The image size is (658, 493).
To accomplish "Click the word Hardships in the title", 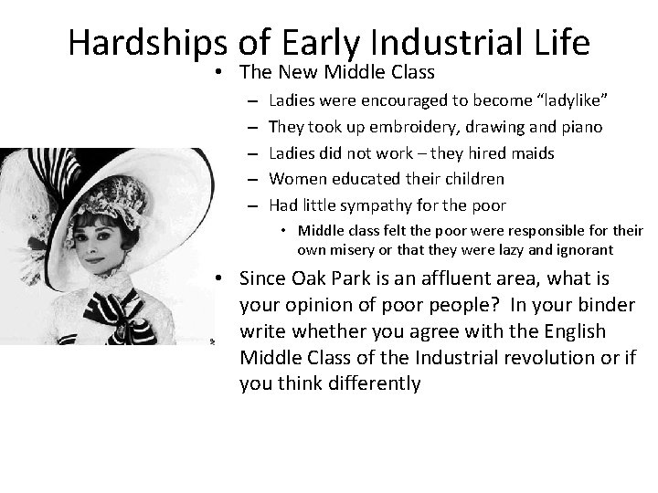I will (147, 42).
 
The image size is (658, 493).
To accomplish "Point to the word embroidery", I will (391, 127).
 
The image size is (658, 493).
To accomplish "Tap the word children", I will (472, 179).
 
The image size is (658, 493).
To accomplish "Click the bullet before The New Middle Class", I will (221, 72).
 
